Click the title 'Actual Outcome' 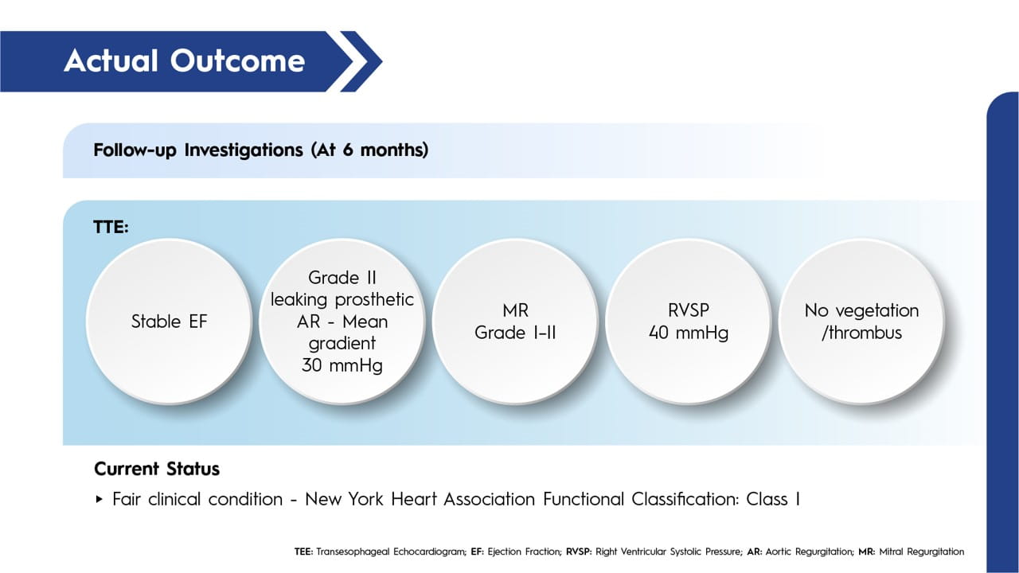184,61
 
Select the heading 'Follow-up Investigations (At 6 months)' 260,150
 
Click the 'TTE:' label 111,227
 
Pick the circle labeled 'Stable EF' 170,322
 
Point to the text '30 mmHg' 342,365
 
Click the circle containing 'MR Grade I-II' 515,322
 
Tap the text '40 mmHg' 689,333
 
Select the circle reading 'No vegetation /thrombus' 862,322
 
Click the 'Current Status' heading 157,469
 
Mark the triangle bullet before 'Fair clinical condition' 100,499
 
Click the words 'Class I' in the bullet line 773,499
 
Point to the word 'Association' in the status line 489,499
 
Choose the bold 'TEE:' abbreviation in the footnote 304,552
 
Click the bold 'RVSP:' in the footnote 579,552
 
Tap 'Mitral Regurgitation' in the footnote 922,552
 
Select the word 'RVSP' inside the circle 689,310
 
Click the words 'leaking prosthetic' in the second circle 342,300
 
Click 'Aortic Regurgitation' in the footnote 810,552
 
